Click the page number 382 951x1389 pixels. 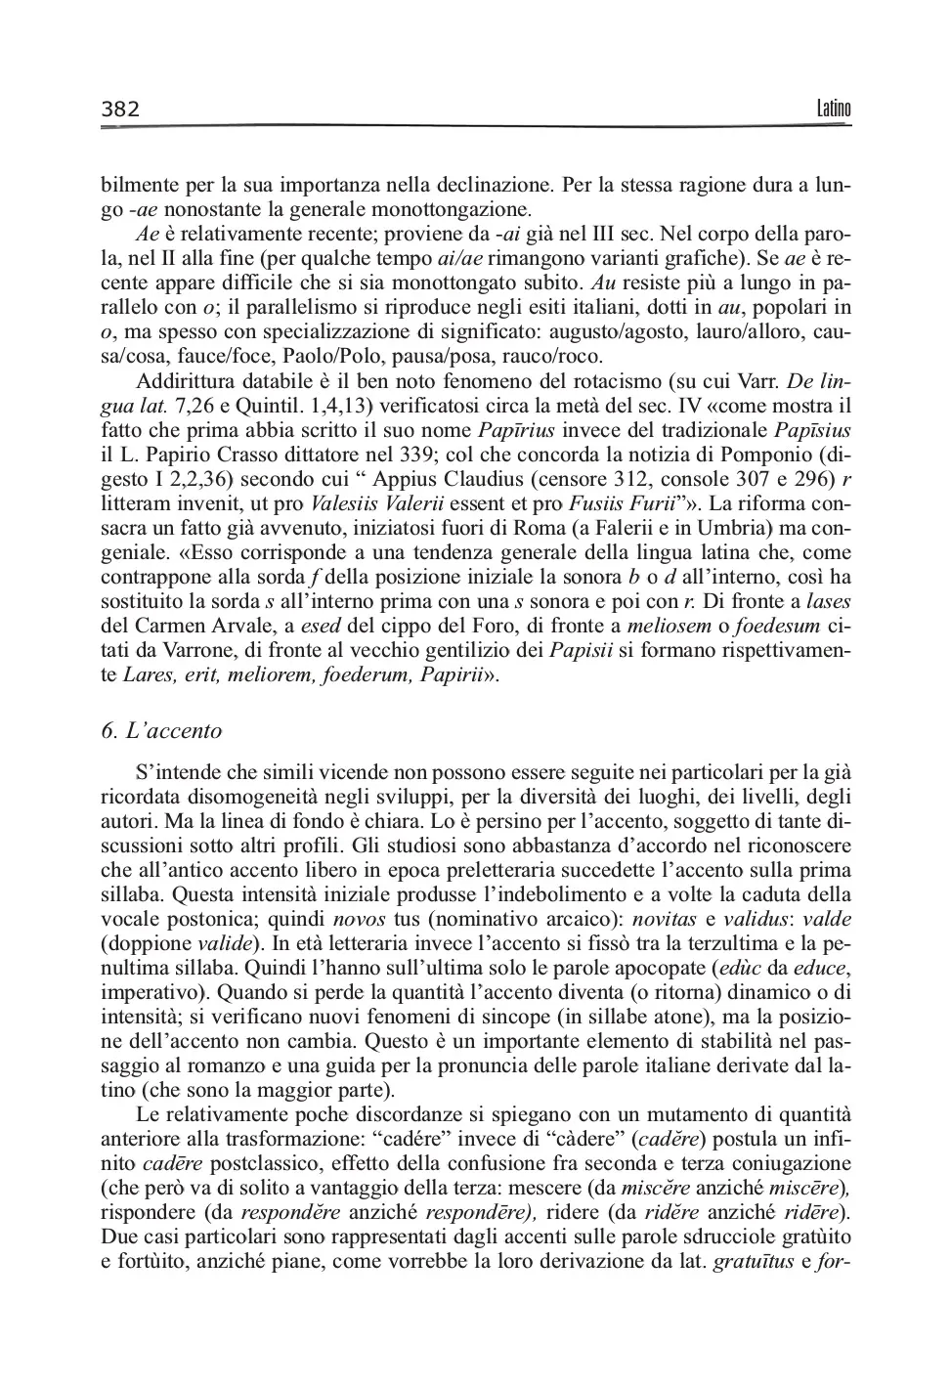pos(120,109)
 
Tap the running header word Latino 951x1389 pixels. pos(833,109)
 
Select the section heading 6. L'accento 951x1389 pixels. pos(161,730)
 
